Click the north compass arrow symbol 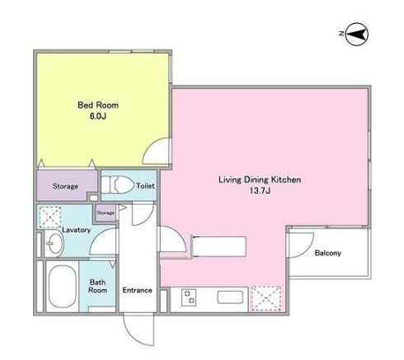[x=356, y=34]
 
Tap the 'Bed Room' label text [x=98, y=105]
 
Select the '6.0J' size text [x=98, y=116]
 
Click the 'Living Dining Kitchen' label [x=260, y=180]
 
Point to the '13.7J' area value [x=260, y=190]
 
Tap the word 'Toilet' [x=145, y=186]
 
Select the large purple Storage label [x=65, y=186]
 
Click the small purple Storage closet [x=106, y=213]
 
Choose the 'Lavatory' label [x=77, y=230]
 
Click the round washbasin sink [x=54, y=243]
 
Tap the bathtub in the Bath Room [x=62, y=286]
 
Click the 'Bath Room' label [x=97, y=286]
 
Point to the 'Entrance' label [x=137, y=290]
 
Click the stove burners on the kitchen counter [x=189, y=297]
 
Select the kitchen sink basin [x=230, y=297]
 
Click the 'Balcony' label [x=328, y=253]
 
